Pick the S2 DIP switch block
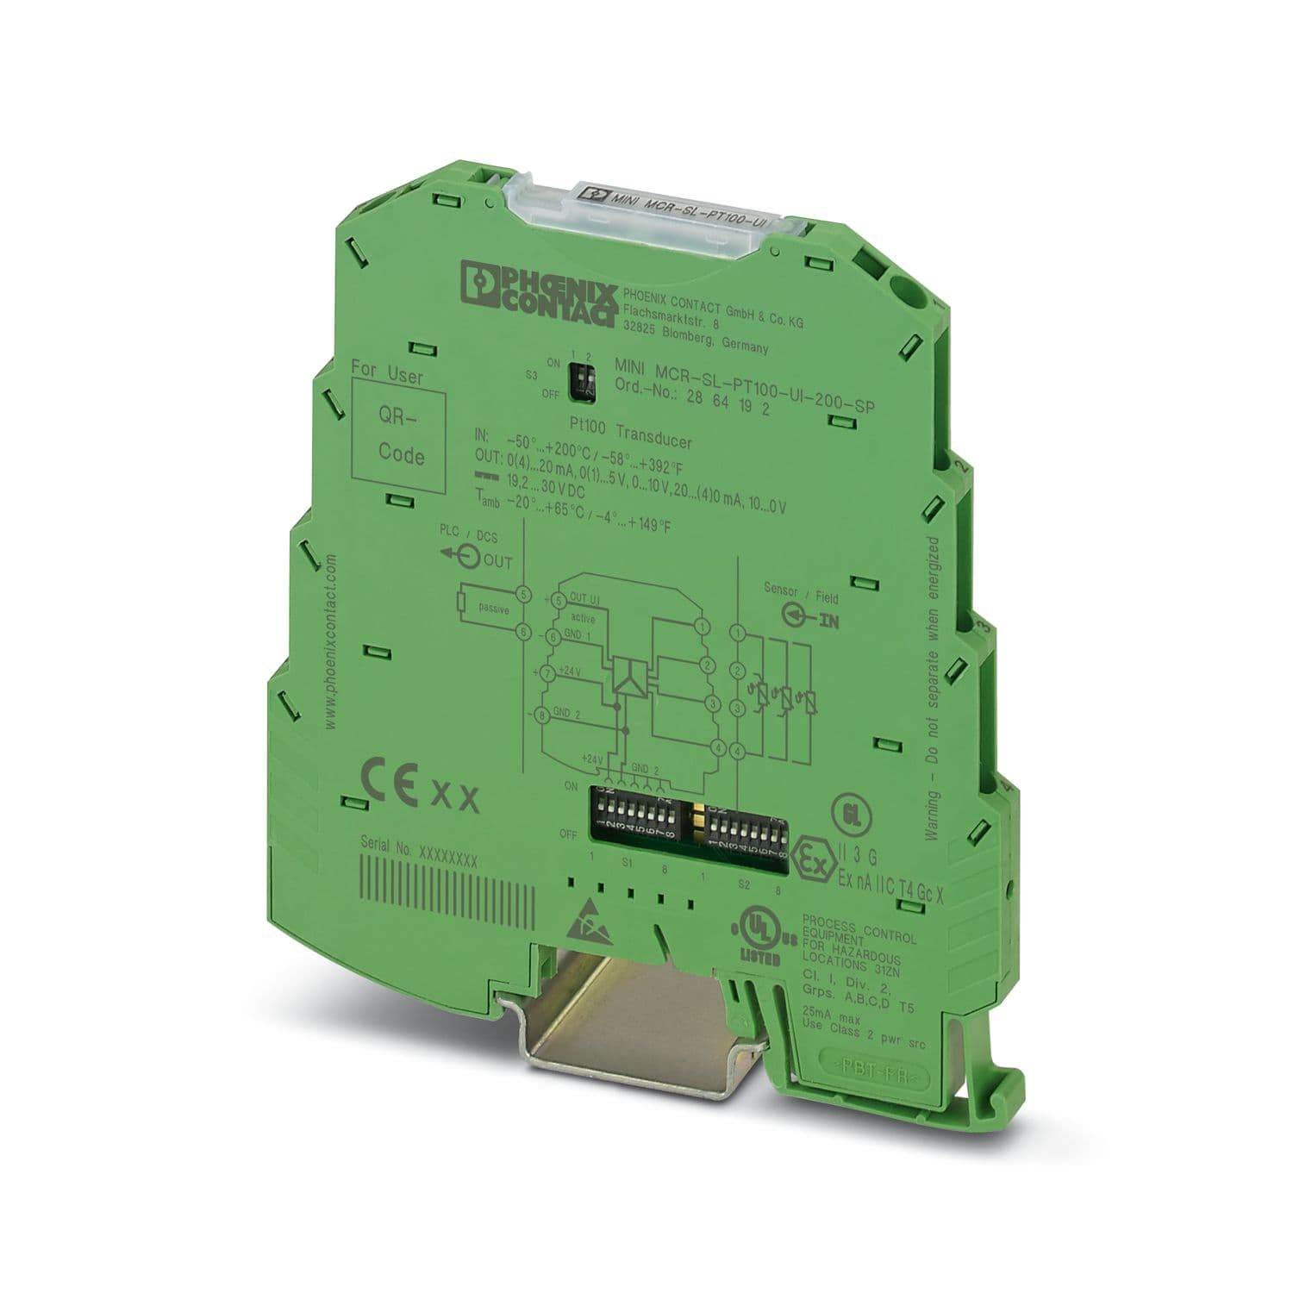[x=745, y=832]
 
